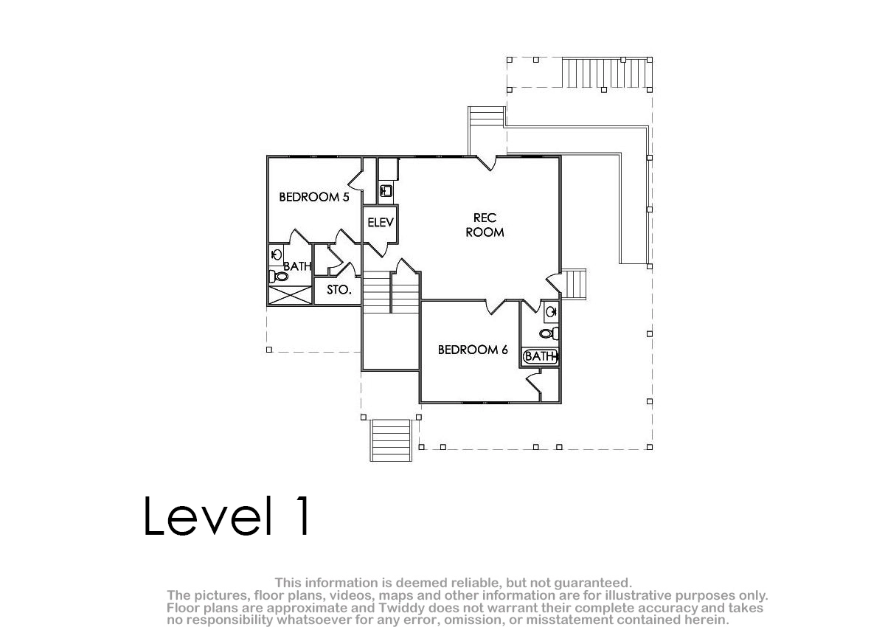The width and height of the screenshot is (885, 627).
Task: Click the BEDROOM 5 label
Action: (314, 197)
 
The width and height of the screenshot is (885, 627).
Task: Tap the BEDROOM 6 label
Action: (473, 350)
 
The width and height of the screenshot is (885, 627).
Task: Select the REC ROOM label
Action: (485, 225)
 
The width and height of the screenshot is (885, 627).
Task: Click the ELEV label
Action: (381, 223)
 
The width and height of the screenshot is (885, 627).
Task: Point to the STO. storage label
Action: (339, 290)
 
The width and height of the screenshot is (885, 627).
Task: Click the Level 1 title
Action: (226, 516)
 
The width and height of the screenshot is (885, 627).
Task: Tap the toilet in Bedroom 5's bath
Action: (279, 276)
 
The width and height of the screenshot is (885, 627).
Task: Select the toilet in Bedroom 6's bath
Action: (549, 333)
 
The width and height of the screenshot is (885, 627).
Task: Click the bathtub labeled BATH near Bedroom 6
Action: (540, 356)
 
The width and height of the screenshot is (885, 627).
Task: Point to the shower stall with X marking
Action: (291, 295)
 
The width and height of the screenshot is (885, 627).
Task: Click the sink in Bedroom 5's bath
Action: (276, 254)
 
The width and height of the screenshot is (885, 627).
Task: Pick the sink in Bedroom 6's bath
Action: (551, 313)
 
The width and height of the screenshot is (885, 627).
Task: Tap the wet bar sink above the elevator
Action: (386, 191)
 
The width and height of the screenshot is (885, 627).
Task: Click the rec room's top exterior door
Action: (486, 163)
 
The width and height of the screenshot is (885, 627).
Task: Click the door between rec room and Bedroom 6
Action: (496, 307)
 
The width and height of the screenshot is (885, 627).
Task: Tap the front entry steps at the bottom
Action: (391, 440)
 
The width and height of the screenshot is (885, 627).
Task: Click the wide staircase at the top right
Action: (607, 73)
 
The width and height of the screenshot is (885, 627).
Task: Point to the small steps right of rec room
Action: (573, 284)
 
